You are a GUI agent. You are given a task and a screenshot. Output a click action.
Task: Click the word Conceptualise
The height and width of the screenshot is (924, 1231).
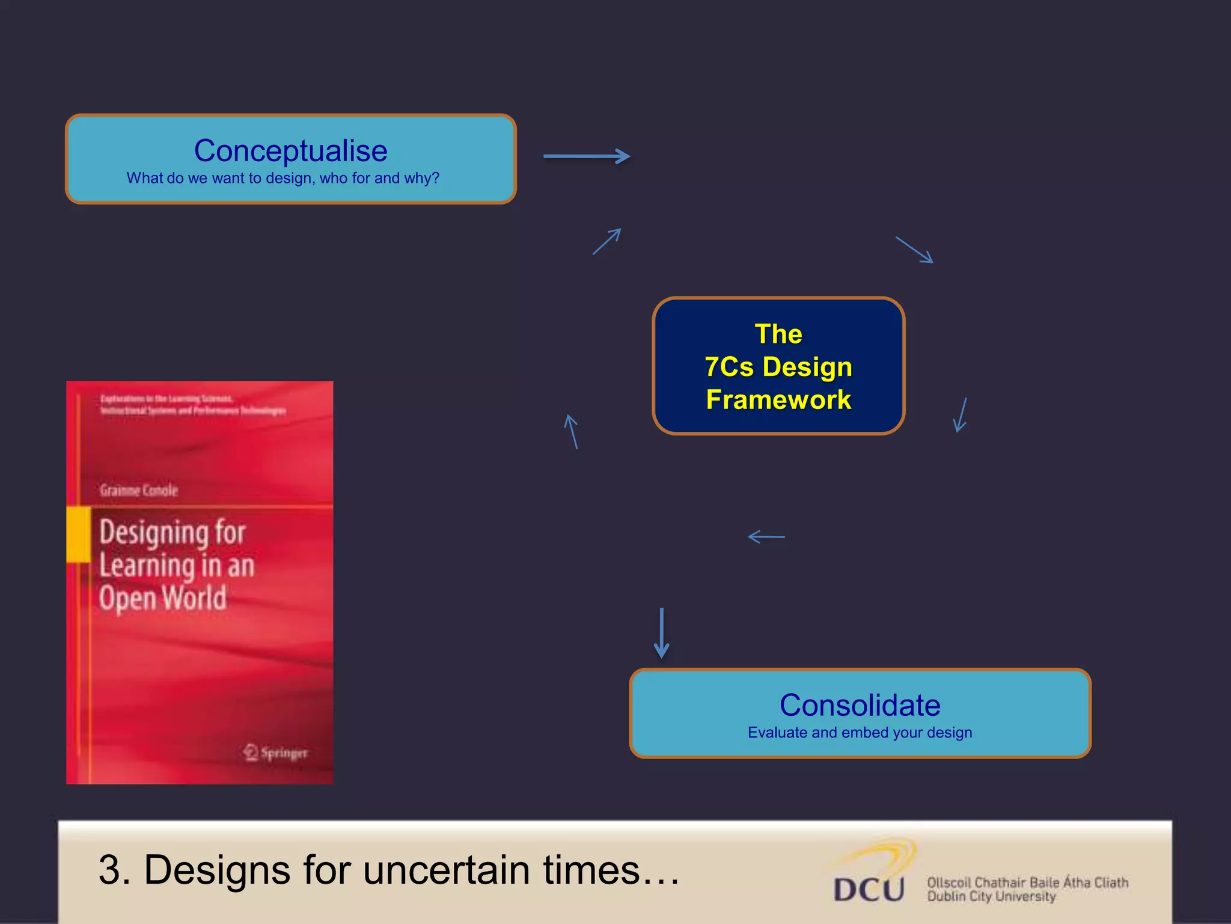[290, 150]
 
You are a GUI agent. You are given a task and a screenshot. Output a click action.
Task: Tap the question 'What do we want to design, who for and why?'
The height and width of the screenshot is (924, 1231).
[283, 178]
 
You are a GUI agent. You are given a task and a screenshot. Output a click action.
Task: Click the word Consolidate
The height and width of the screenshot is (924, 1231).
[860, 705]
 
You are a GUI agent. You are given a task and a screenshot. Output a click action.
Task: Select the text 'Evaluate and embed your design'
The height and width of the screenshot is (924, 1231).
[860, 733]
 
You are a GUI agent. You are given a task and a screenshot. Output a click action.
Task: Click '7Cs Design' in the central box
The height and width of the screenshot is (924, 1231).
[778, 367]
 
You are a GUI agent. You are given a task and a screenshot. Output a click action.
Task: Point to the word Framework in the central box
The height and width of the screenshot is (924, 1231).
[778, 400]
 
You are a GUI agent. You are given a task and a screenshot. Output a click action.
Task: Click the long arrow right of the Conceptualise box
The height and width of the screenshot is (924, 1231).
[586, 156]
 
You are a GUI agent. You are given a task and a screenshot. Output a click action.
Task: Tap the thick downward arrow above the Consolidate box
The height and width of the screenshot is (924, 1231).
[661, 633]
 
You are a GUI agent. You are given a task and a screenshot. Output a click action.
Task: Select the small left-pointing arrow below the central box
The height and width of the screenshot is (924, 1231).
[766, 537]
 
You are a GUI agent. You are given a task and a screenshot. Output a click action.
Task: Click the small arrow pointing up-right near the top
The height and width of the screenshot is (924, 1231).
[607, 241]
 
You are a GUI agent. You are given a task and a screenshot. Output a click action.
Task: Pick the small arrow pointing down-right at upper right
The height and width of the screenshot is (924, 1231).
[914, 250]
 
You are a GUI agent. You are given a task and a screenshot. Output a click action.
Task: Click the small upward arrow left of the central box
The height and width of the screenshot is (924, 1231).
[572, 431]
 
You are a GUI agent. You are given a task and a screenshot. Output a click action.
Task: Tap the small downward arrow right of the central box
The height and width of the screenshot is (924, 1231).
[961, 415]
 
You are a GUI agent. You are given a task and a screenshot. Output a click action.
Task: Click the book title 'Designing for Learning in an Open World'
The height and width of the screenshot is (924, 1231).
[176, 565]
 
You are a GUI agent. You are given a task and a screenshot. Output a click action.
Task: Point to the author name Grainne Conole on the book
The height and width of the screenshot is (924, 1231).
[139, 490]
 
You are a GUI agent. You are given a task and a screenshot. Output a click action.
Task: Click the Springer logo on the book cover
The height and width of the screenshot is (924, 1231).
[276, 752]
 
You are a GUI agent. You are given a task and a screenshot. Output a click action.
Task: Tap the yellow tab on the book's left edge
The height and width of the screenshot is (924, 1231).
[78, 534]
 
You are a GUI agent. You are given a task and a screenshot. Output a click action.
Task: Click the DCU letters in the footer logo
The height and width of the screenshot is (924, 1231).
[869, 889]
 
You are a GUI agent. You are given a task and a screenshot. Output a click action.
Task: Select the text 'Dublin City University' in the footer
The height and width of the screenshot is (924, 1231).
[991, 897]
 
